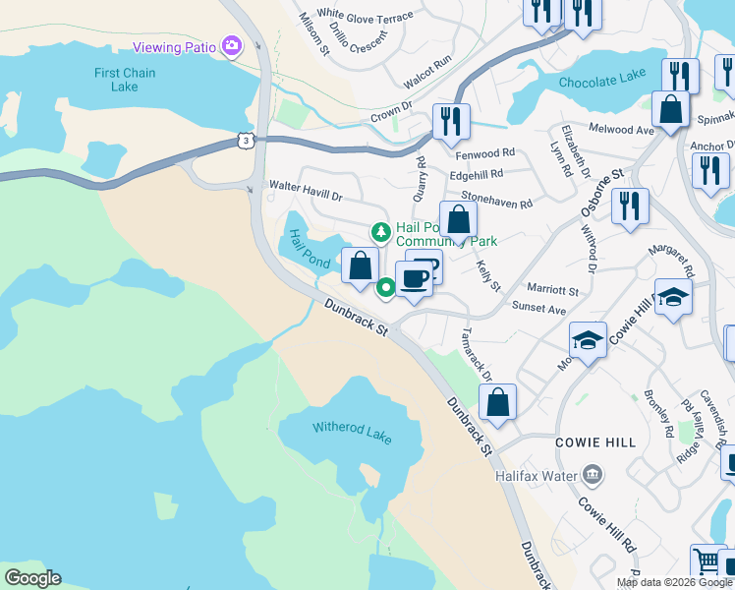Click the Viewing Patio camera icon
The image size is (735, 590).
(x=232, y=44)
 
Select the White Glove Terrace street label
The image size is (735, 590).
(x=365, y=18)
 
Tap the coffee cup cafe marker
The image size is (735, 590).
(x=414, y=280)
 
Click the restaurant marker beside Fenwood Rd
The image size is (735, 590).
(x=451, y=122)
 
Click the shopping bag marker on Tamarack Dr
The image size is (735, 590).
(x=498, y=402)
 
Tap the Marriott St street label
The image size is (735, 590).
(x=552, y=291)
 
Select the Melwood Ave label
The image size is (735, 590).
(x=621, y=130)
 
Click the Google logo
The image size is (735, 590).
(x=32, y=578)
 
